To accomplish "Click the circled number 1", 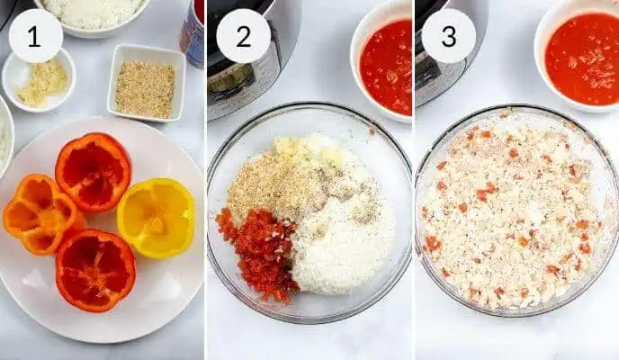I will tap(35, 36).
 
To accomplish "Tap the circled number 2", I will tap(243, 36).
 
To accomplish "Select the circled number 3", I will tap(448, 36).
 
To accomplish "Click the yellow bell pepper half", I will tap(157, 217).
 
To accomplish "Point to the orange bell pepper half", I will tap(40, 213).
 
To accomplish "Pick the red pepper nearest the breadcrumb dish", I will tap(93, 171).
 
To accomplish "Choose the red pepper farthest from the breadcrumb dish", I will tap(94, 269).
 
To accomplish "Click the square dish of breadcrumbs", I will tap(145, 88).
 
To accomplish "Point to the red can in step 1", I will tap(193, 31).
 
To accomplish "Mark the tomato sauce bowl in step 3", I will tap(580, 58).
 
